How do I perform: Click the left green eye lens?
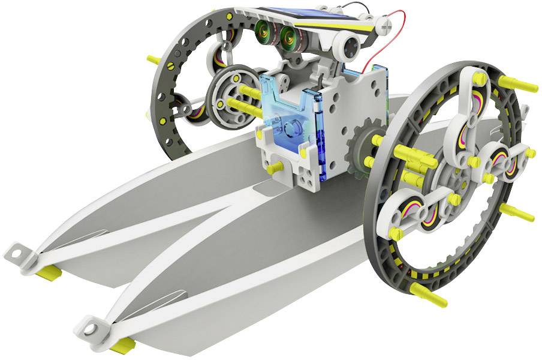264,31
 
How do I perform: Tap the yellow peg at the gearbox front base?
276,167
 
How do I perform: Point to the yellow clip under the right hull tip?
122,344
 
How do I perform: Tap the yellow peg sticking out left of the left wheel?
153,59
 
